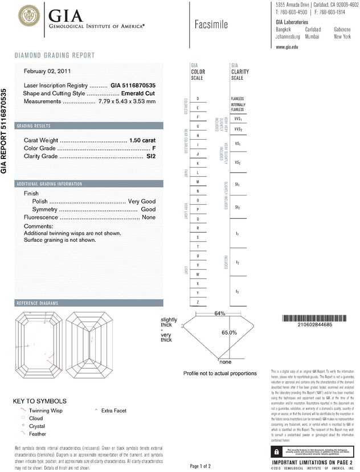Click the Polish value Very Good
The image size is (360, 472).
[142, 201]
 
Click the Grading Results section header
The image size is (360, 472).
[34, 125]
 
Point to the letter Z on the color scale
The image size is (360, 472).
[198, 302]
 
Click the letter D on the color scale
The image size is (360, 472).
[198, 99]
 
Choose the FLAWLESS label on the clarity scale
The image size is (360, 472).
[238, 99]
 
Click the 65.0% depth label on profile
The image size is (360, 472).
[229, 332]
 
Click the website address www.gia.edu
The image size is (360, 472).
[287, 47]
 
